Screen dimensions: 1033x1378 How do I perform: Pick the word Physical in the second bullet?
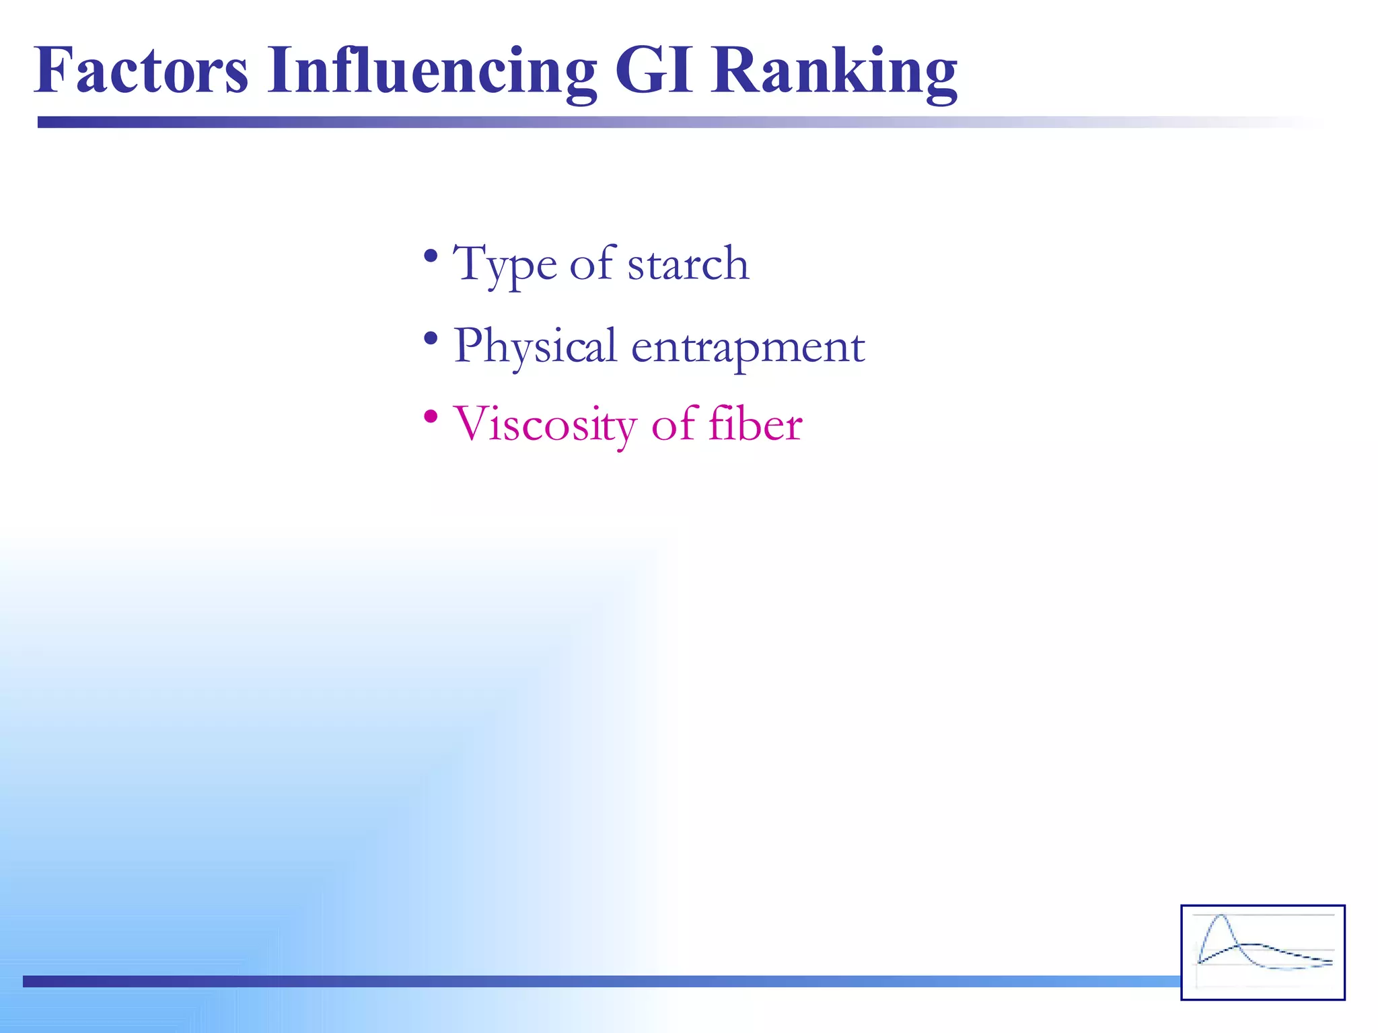pyautogui.click(x=535, y=346)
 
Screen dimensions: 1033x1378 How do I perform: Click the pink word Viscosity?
pyautogui.click(x=545, y=425)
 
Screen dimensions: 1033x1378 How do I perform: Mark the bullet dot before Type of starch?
pyautogui.click(x=431, y=256)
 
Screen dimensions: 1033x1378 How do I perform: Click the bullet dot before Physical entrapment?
pyautogui.click(x=431, y=338)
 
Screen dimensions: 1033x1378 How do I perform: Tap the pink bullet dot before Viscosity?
pyautogui.click(x=431, y=417)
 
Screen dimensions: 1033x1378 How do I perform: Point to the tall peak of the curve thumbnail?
pyautogui.click(x=1221, y=919)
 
